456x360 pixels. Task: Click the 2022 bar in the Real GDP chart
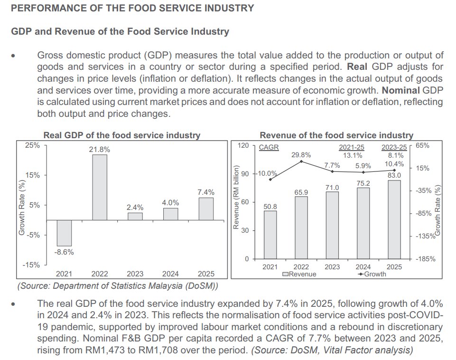(x=100, y=187)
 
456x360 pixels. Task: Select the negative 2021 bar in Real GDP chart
(x=64, y=233)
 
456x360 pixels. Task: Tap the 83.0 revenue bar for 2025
(x=394, y=219)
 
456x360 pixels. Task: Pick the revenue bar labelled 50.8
(x=270, y=235)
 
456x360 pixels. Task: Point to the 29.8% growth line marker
(x=301, y=162)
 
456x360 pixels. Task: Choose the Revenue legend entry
(x=299, y=274)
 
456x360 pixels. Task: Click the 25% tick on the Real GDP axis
(x=33, y=145)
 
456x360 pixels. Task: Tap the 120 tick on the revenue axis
(x=243, y=145)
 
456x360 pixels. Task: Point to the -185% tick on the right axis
(x=426, y=259)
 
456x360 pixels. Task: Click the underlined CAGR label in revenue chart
(x=269, y=147)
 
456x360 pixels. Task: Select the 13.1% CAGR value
(x=353, y=155)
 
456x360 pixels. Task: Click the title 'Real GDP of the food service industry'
(x=122, y=135)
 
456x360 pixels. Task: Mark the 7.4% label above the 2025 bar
(x=205, y=192)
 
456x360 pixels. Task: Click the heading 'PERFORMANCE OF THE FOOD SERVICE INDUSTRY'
(x=132, y=8)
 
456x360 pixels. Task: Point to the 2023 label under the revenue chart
(x=332, y=267)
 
